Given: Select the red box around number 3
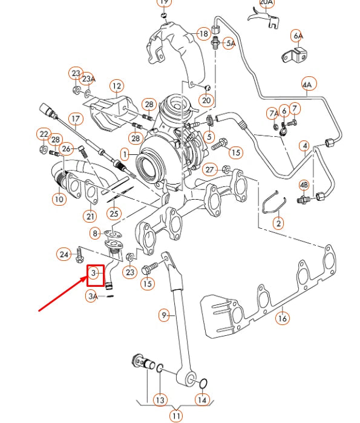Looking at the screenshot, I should click(94, 275).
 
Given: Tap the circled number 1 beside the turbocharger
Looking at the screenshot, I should click(124, 155).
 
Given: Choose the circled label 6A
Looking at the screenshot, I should click(297, 34).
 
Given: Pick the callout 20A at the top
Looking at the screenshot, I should click(267, 3).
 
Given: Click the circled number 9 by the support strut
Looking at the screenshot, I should click(163, 315).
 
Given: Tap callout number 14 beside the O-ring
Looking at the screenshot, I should click(202, 400).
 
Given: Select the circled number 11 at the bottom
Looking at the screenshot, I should click(175, 416).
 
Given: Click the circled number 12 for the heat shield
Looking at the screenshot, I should click(116, 86).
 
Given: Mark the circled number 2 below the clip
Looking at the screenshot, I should click(278, 223).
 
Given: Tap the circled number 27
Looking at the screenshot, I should click(209, 169).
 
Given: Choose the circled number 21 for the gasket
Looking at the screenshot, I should click(90, 216).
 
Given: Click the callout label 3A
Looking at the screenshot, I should click(92, 297).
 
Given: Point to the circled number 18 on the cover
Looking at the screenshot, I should click(203, 34).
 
